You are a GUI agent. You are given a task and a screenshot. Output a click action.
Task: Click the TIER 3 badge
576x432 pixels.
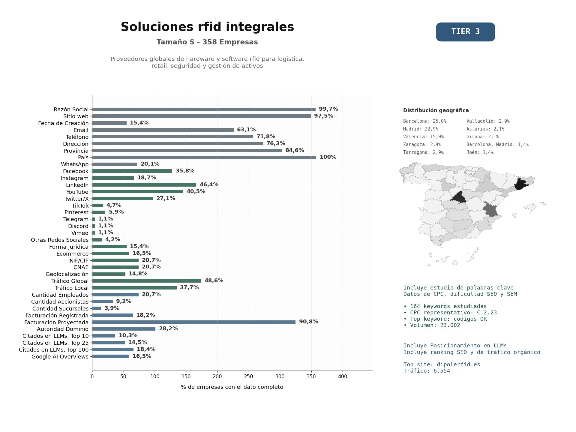[465, 32]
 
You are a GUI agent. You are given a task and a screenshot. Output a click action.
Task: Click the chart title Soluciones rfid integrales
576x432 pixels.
[207, 27]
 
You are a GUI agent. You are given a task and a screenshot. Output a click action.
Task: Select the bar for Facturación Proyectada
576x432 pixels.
[194, 322]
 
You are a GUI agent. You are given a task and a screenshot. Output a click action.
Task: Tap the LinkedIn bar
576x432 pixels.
[144, 185]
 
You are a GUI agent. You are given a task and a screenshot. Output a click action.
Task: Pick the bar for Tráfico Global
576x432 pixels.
[146, 281]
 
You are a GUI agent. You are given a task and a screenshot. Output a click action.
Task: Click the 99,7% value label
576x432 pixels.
[328, 109]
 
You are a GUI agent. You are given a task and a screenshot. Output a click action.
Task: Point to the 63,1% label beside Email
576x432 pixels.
[246, 130]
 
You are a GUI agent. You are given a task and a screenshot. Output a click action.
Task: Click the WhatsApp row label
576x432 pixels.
[75, 164]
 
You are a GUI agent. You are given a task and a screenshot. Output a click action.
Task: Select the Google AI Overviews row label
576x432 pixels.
[60, 357]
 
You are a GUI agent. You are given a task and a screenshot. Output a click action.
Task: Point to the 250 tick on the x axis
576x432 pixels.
[249, 376]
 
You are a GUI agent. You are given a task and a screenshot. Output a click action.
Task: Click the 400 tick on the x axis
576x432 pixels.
[343, 376]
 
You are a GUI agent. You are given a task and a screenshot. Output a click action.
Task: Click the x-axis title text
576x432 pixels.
[232, 387]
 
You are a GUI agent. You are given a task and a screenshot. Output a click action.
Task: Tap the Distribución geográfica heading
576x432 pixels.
[436, 110]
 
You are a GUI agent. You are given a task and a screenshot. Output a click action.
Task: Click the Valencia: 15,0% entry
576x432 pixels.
[423, 137]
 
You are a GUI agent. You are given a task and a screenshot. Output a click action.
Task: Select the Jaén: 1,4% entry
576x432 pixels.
[480, 152]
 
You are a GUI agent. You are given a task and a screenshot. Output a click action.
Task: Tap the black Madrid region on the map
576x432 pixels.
[458, 197]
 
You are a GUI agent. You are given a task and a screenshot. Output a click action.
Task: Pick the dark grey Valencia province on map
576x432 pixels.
[490, 210]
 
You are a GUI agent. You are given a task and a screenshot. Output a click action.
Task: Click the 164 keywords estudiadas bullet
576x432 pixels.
[445, 306]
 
